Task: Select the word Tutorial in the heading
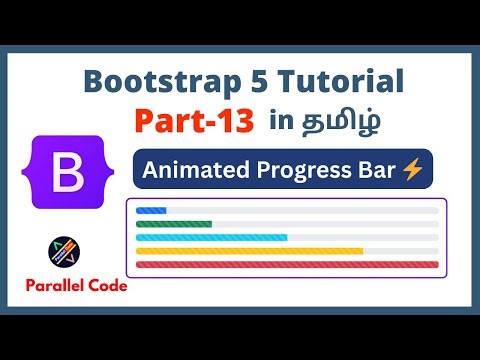pyautogui.click(x=336, y=82)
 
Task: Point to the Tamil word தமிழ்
pyautogui.click(x=333, y=122)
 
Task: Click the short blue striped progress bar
pyautogui.click(x=151, y=211)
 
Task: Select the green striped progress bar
pyautogui.click(x=173, y=224)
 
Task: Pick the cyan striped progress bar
pyautogui.click(x=211, y=237)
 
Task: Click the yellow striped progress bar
pyautogui.click(x=249, y=251)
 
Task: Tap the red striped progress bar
pyautogui.click(x=287, y=264)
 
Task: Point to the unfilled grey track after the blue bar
pyautogui.click(x=300, y=211)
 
